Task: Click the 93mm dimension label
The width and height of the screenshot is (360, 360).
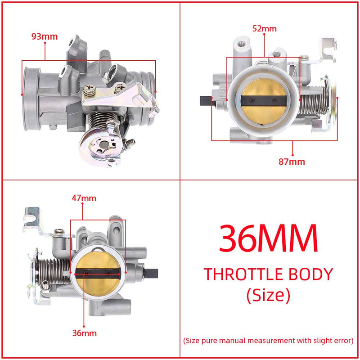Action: click(44, 36)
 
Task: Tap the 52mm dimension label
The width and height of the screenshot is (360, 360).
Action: click(264, 28)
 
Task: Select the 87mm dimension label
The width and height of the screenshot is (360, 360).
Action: click(292, 162)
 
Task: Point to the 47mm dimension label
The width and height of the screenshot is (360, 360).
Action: click(84, 198)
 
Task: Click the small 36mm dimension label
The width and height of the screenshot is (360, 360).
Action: click(84, 333)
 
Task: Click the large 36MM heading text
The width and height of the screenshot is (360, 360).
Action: click(268, 238)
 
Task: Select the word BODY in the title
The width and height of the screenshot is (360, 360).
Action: click(310, 274)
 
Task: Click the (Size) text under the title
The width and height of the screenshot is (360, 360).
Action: click(268, 295)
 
